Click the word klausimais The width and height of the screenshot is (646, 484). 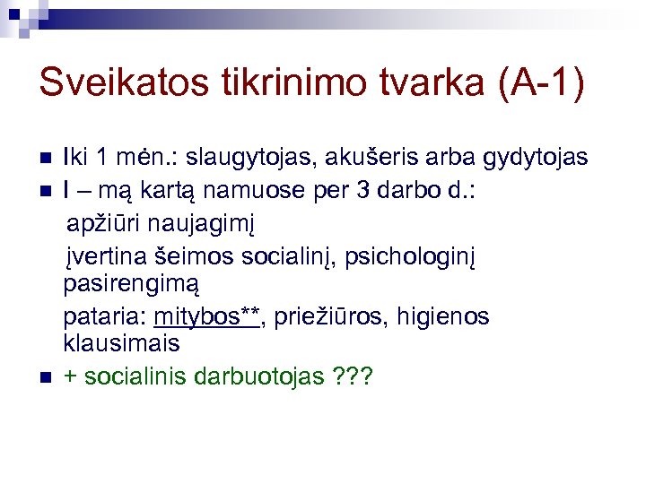click(x=121, y=343)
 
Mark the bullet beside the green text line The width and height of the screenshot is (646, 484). click(x=48, y=376)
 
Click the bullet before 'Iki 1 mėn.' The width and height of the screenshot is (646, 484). click(x=48, y=159)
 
